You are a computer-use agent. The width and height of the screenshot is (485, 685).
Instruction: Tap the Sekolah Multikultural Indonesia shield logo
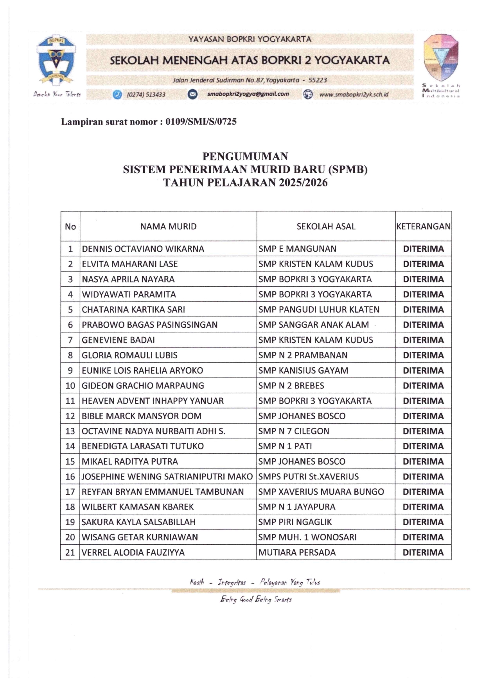coord(441,58)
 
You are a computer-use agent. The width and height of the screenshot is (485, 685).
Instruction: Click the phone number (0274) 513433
coord(146,95)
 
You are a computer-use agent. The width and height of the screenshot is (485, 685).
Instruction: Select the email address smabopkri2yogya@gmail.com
coord(248,94)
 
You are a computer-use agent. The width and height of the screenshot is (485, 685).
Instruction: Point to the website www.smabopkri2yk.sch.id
coord(354,94)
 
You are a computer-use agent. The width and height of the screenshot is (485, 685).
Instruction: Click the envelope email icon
coord(192,94)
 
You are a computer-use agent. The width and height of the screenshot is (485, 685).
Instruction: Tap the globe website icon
coord(308,94)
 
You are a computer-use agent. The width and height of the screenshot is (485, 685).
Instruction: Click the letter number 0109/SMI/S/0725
coord(201,122)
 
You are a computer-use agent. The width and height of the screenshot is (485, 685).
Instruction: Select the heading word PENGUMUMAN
coord(245,156)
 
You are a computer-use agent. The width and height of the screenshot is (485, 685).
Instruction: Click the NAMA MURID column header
coord(168,226)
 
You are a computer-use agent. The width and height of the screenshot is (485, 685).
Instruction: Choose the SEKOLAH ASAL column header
coord(326,226)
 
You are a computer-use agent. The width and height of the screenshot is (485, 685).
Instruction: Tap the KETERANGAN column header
coord(423,226)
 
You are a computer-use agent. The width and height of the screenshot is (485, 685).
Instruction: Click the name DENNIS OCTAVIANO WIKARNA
coord(143,249)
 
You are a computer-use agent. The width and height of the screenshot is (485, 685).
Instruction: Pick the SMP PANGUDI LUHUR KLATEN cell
coord(319,309)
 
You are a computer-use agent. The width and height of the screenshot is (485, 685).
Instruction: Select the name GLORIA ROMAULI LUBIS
coord(129,355)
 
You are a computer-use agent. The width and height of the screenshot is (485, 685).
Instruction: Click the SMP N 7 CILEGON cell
coord(294,431)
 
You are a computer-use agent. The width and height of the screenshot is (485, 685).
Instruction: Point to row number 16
coord(70,477)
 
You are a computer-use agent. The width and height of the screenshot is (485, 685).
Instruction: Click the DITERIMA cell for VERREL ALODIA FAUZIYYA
coord(423,553)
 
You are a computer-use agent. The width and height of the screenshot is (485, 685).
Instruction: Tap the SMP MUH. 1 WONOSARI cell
coord(307,537)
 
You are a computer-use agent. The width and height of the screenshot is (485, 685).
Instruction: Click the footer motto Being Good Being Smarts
coord(256,599)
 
